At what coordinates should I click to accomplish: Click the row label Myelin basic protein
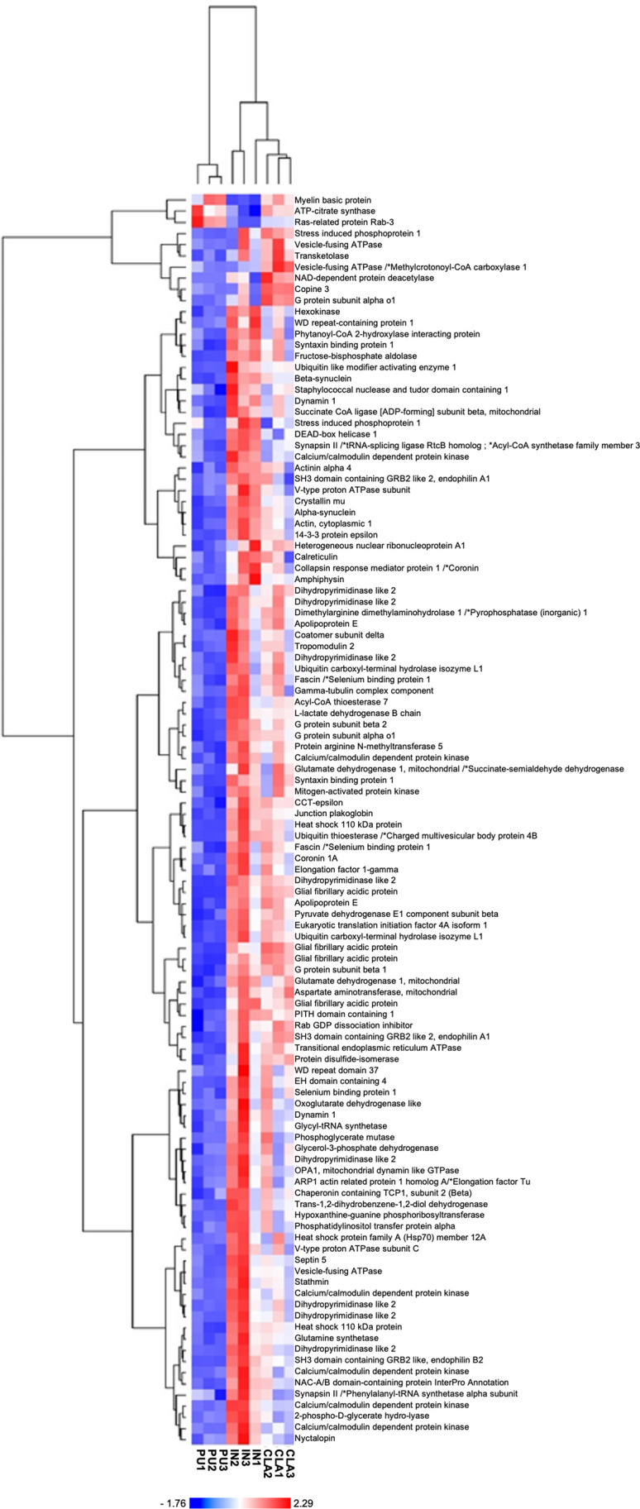click(x=332, y=200)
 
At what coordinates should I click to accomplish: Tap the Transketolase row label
click(x=321, y=256)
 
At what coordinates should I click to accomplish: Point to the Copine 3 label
click(x=313, y=289)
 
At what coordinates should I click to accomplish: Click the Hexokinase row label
click(x=317, y=312)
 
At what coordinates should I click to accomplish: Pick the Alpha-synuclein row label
click(x=325, y=513)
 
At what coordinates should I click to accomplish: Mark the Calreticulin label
click(x=316, y=557)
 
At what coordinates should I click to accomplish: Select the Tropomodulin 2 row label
click(x=325, y=647)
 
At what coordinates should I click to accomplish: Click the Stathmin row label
click(x=311, y=1282)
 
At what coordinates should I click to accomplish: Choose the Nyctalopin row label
click(x=314, y=1439)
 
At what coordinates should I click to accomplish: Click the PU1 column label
click(x=198, y=1460)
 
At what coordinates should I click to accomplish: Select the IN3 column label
click(x=245, y=1460)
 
